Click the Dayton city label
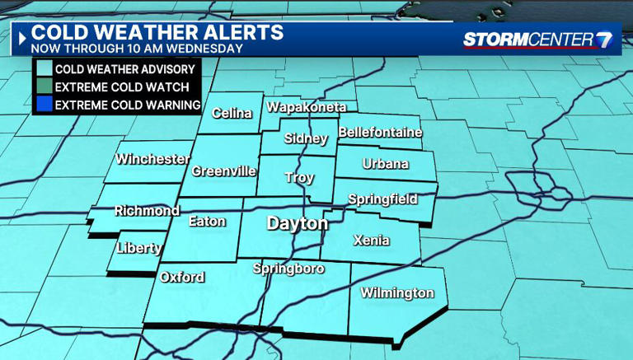tap(297, 223)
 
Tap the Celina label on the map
tap(232, 114)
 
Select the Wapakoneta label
tap(306, 107)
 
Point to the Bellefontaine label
tap(380, 132)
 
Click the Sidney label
tap(306, 138)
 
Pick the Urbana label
tap(386, 164)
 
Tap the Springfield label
tap(382, 199)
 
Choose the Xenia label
tap(371, 241)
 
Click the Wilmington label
tap(397, 293)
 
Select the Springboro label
tap(288, 269)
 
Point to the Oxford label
tap(182, 277)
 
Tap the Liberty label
tap(138, 247)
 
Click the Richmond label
tap(147, 211)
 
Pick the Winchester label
tap(153, 159)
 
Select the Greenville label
tap(224, 171)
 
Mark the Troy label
tap(299, 177)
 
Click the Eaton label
tap(207, 221)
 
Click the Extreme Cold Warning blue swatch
tap(44, 105)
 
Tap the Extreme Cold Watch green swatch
tap(44, 86)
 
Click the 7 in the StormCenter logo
tap(605, 39)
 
